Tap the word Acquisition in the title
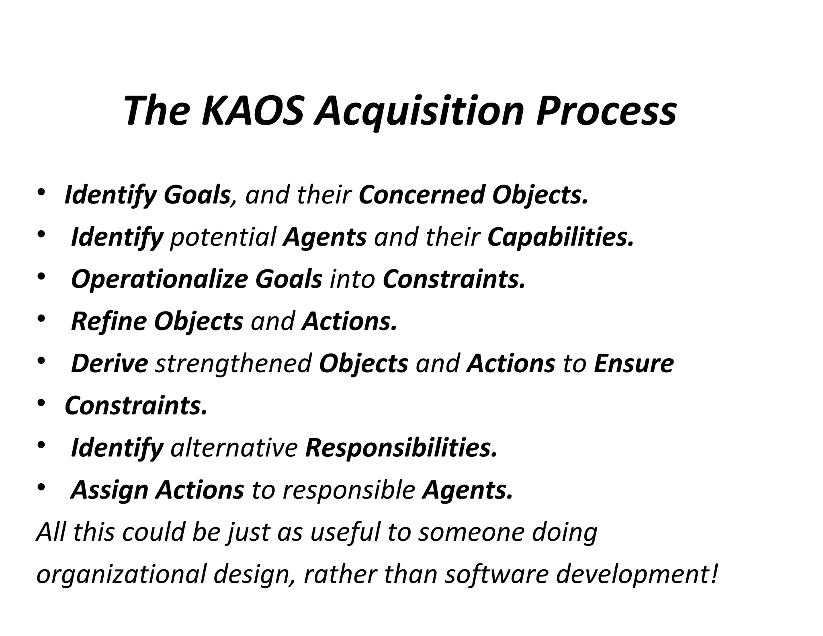[x=419, y=111]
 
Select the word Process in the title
[x=606, y=111]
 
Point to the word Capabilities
[x=560, y=237]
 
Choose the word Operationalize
[x=159, y=279]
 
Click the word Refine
[x=109, y=322]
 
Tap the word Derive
[x=109, y=363]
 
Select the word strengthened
[x=233, y=363]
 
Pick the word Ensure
[x=633, y=363]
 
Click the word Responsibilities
[x=401, y=448]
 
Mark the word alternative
[x=234, y=448]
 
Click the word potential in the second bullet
[x=223, y=237]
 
